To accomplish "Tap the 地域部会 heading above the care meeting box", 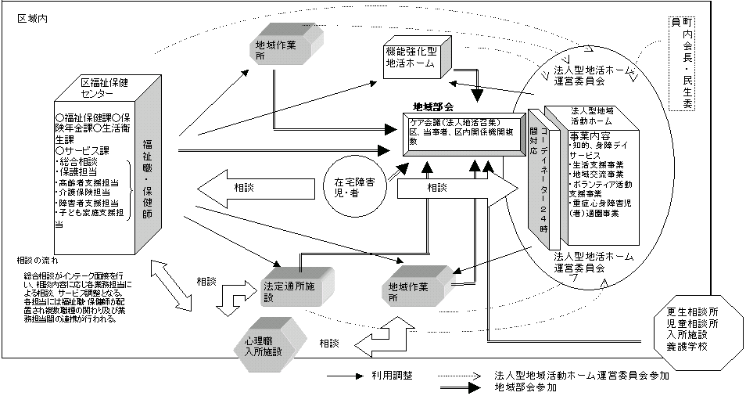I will point(434,105).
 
